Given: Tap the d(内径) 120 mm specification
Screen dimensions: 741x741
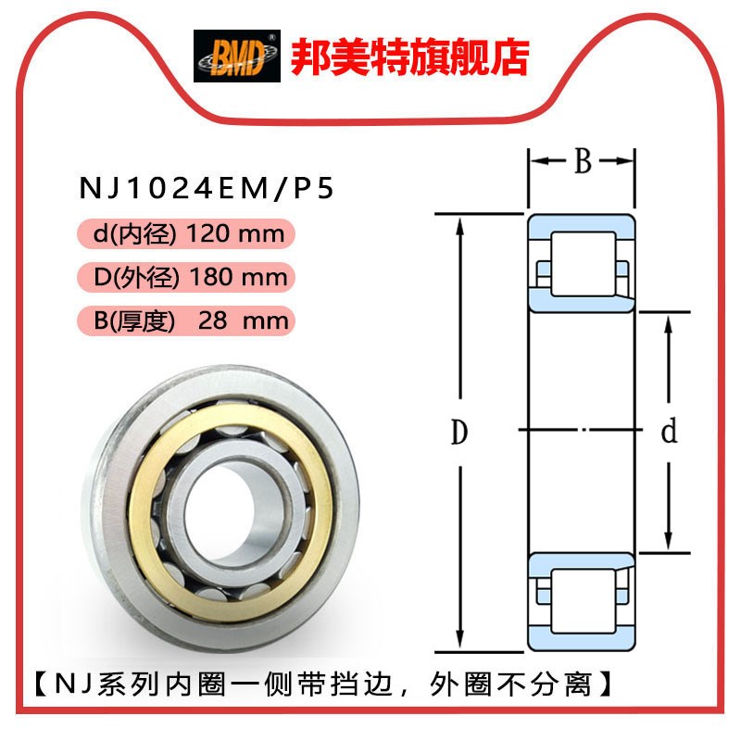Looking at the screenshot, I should pos(189,232).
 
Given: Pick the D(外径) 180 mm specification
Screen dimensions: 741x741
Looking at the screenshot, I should pos(191,277).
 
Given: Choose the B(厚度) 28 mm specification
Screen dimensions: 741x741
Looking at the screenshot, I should pos(191,320).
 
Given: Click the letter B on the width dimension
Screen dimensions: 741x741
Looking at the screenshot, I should pos(582,162).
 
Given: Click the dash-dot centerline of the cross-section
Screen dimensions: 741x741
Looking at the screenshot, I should pos(582,431).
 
